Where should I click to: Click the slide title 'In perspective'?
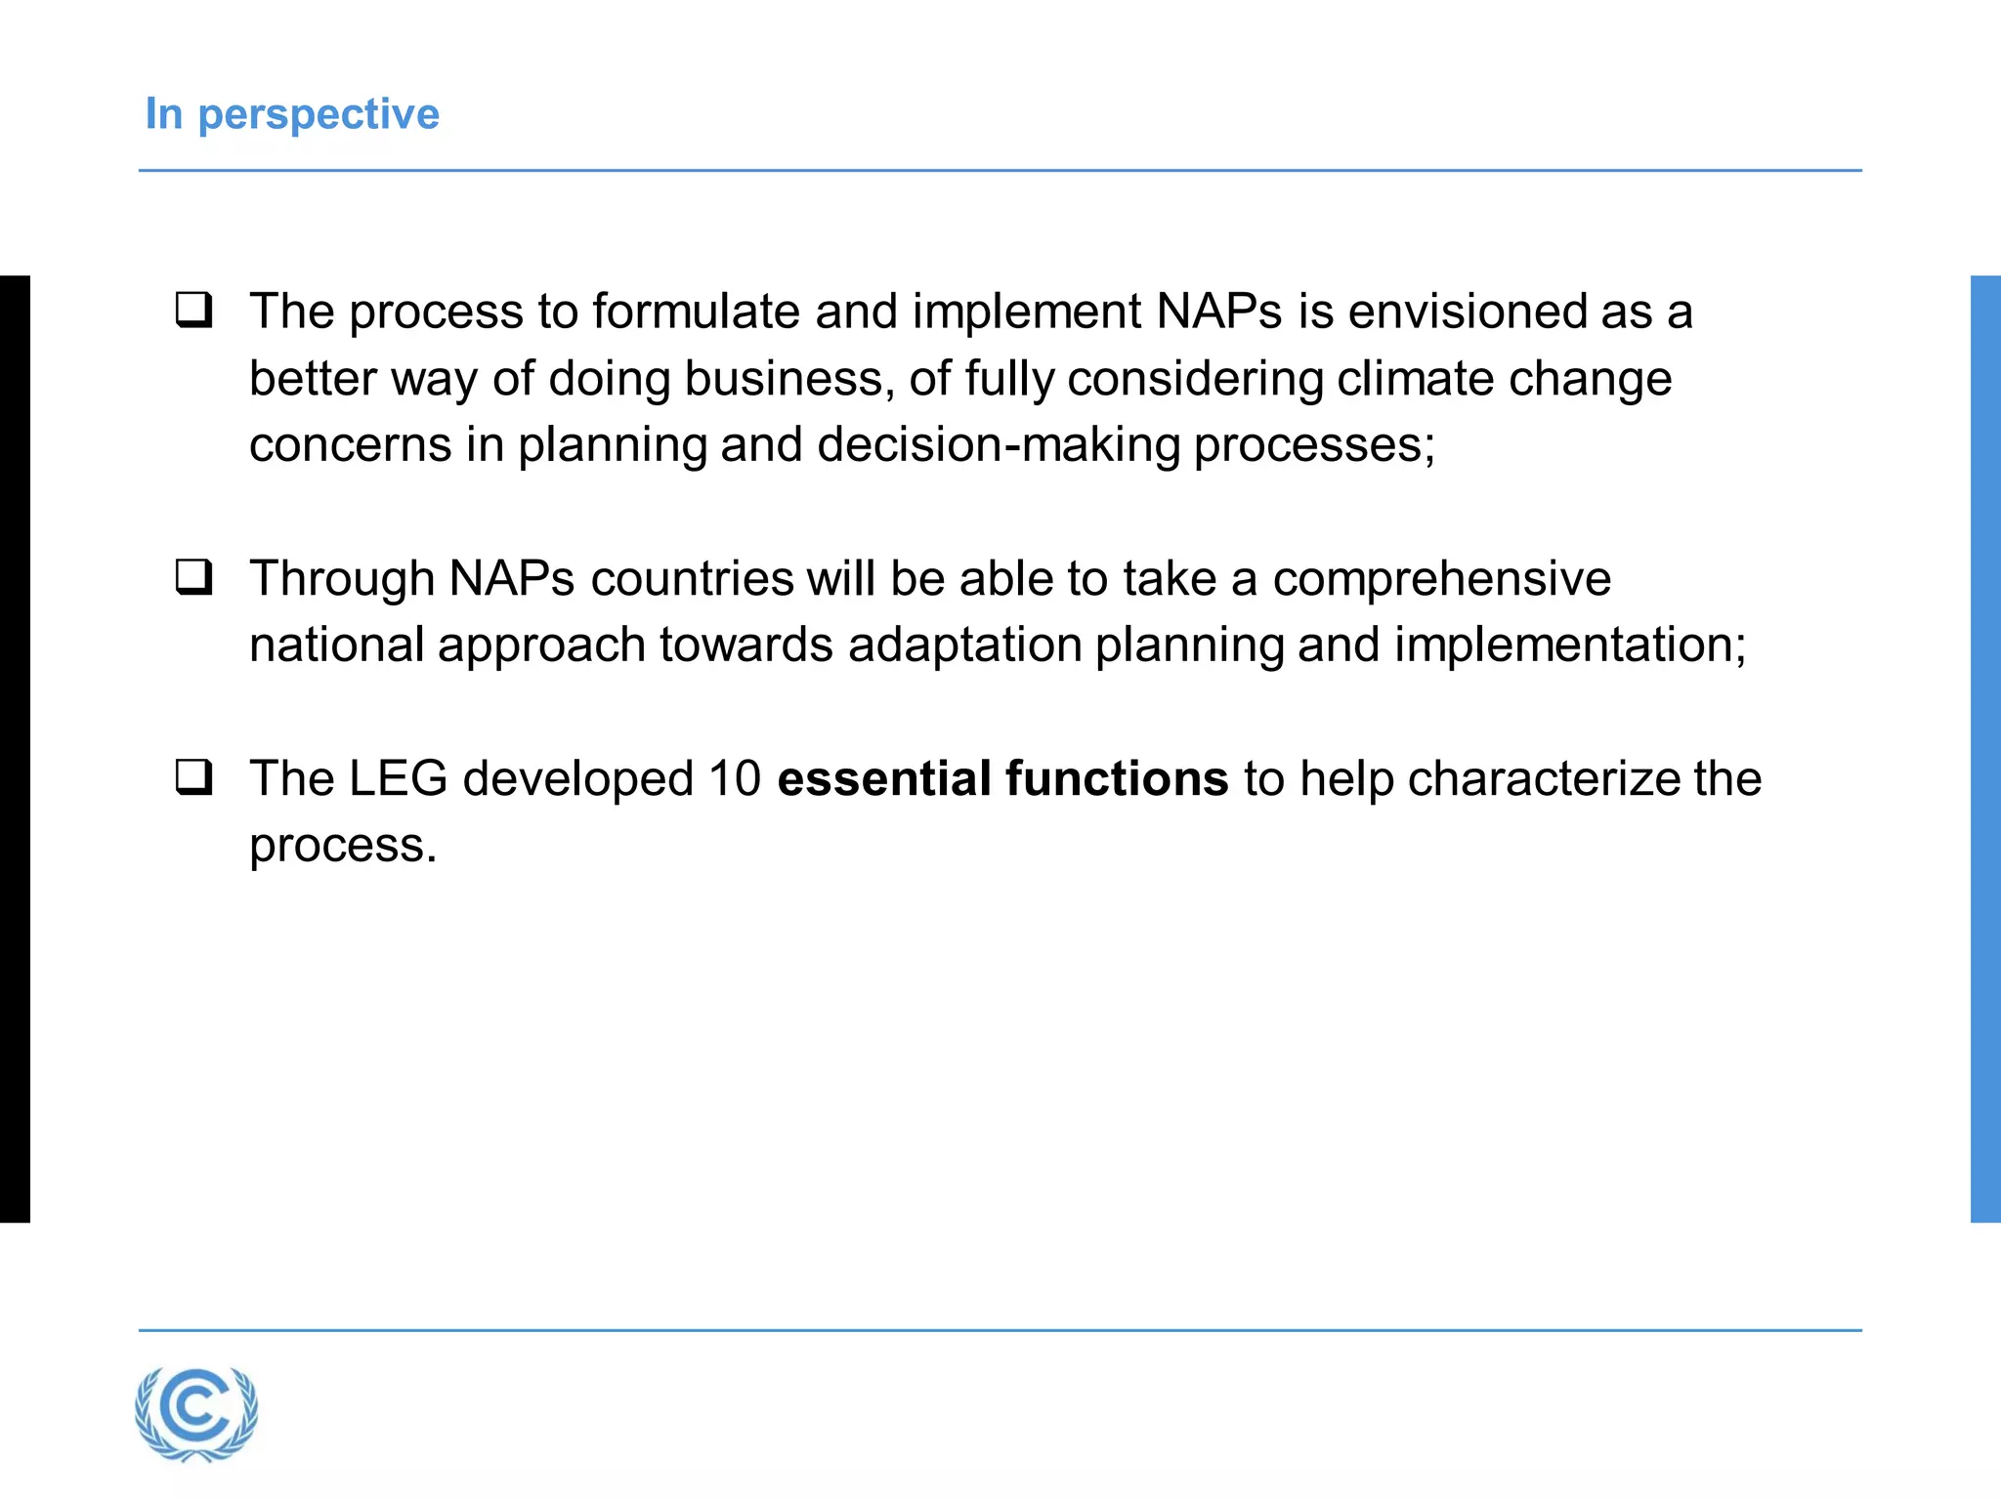tap(292, 114)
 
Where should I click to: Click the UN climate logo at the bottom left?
tap(196, 1413)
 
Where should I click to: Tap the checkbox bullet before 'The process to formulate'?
tap(194, 311)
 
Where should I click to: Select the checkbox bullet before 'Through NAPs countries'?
tap(194, 577)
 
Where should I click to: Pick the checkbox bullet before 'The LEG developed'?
tap(194, 778)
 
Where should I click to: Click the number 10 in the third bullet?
tap(735, 778)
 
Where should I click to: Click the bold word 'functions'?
tap(1117, 778)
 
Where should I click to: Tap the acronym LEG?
tap(399, 778)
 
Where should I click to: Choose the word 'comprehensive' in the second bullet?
tap(1441, 578)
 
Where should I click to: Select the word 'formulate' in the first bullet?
tap(696, 312)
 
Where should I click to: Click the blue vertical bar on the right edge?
tap(1985, 748)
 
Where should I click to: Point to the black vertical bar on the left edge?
tap(15, 748)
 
